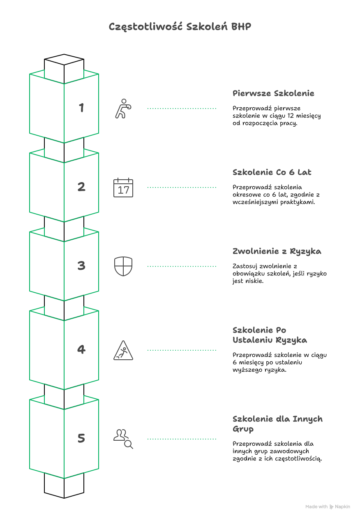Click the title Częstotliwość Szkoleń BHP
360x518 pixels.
(x=180, y=27)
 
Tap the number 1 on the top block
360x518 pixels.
(x=81, y=108)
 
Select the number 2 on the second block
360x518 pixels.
(x=81, y=187)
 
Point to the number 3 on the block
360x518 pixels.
(x=81, y=266)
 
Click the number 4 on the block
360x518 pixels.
(x=81, y=349)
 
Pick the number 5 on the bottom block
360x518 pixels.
(x=81, y=438)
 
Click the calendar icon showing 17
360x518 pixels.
(x=123, y=187)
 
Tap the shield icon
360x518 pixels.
(x=123, y=266)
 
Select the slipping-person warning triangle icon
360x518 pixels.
(x=123, y=350)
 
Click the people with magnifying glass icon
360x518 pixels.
(x=123, y=439)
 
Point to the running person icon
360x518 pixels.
(x=123, y=109)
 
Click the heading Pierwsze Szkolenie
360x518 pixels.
(x=273, y=93)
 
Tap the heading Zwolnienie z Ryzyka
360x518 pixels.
(x=277, y=251)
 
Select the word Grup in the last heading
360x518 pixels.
(x=243, y=429)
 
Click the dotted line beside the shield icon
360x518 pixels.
(x=182, y=266)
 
